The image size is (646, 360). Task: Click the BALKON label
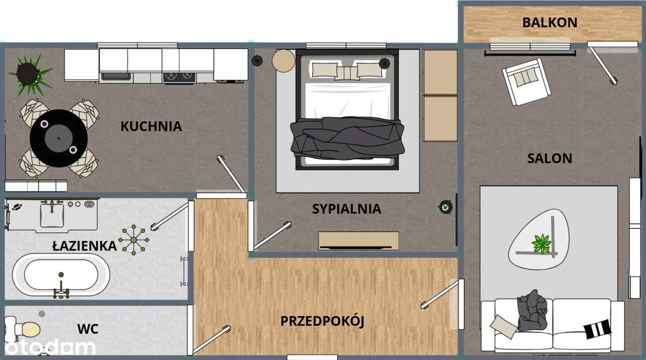(550, 23)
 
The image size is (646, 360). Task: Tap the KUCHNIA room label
(151, 126)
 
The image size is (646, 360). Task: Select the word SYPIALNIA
(346, 209)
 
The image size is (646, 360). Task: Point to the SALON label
(550, 159)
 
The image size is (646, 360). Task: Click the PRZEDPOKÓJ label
(322, 321)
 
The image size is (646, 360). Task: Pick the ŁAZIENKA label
(85, 246)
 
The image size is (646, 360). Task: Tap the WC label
(88, 329)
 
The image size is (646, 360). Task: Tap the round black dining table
(59, 138)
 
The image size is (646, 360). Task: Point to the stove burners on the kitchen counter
(178, 77)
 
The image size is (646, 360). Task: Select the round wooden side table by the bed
(284, 61)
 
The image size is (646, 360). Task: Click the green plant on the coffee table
(542, 244)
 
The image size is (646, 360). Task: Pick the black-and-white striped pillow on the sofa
(597, 329)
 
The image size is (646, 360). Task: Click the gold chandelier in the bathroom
(134, 239)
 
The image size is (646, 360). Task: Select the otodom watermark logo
(48, 347)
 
